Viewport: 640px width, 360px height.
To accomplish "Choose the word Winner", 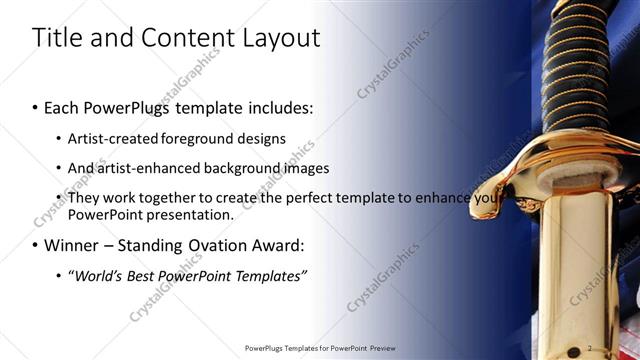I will (75, 245).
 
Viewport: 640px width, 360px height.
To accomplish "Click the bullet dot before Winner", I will (36, 246).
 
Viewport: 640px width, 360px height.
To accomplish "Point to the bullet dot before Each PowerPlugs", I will (36, 107).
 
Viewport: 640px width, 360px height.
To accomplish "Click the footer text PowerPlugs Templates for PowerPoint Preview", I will (319, 348).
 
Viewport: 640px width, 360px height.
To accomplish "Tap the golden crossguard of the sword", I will (560, 185).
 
